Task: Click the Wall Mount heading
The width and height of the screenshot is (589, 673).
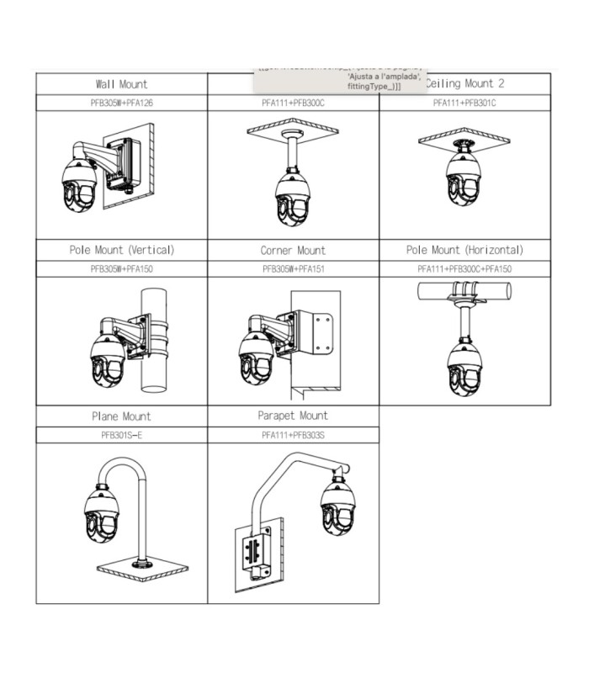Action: point(121,84)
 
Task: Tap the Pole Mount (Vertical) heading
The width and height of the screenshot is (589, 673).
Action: point(121,250)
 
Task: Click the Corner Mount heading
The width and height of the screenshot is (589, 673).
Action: point(293,251)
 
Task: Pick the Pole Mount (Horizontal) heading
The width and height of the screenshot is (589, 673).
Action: point(464,250)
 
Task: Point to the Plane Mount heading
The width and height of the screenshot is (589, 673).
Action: point(121,416)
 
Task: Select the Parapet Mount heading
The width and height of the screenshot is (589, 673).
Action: point(293,416)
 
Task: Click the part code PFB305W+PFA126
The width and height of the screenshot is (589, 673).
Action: point(121,103)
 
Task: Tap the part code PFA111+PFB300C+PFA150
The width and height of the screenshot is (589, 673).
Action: point(464,269)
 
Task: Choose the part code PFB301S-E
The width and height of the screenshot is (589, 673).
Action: point(121,435)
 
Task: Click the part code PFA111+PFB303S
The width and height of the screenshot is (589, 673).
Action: point(293,435)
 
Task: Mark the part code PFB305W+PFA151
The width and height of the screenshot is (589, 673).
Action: point(293,269)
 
